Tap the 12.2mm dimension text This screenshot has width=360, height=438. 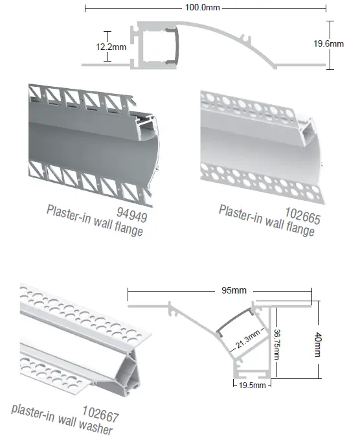[111, 46]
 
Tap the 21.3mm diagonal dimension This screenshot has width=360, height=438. [249, 340]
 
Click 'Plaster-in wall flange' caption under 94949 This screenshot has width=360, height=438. [95, 221]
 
